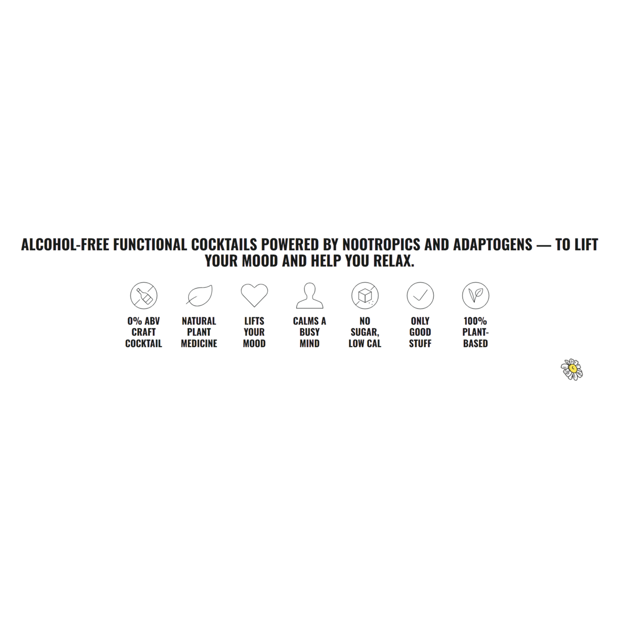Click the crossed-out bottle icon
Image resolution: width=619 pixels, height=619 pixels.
[x=143, y=296]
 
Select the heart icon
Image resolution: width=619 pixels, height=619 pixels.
[x=254, y=295]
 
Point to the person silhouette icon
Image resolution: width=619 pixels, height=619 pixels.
[x=309, y=296]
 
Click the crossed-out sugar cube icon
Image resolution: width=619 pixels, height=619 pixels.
[x=365, y=296]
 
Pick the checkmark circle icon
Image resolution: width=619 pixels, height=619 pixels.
[x=420, y=296]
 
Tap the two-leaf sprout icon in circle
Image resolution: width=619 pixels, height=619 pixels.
[x=476, y=296]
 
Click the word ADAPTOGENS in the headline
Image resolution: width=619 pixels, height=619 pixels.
[x=493, y=245]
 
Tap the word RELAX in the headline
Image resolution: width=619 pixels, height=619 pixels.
[x=394, y=260]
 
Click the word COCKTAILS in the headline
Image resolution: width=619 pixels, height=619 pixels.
[x=224, y=245]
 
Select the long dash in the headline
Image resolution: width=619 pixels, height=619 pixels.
[x=544, y=245]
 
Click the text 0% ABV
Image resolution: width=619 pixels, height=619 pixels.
[x=143, y=321]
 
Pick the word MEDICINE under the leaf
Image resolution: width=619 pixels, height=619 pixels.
[x=199, y=344]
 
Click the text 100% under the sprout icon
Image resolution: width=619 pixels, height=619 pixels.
[x=475, y=321]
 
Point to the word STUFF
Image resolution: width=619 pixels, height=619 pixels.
[x=420, y=344]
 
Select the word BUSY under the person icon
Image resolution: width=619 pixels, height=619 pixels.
[x=309, y=332]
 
